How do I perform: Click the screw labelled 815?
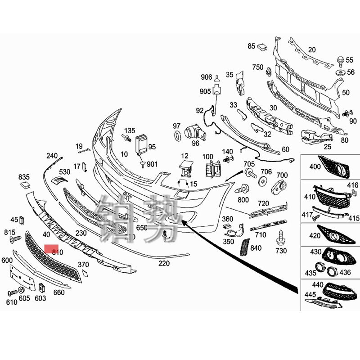tap(17, 239)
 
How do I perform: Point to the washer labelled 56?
tap(340, 72)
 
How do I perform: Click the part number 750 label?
tap(257, 67)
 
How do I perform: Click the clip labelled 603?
tap(41, 288)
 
